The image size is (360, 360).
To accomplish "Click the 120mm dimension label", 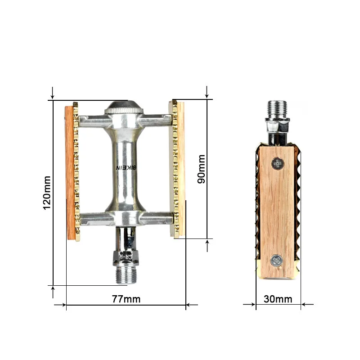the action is click(47, 193).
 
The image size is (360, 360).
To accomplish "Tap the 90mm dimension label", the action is click(201, 169).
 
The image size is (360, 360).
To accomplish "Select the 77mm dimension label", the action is click(126, 299).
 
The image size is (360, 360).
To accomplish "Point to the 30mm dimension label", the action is click(278, 299).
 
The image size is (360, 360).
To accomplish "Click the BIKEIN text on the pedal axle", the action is click(126, 168).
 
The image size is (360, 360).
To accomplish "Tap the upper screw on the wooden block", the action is click(278, 164).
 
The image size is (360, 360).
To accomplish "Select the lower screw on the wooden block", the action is click(276, 261).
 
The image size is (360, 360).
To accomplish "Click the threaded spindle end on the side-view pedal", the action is click(277, 109).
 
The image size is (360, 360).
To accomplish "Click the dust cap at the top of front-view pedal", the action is click(124, 107).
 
